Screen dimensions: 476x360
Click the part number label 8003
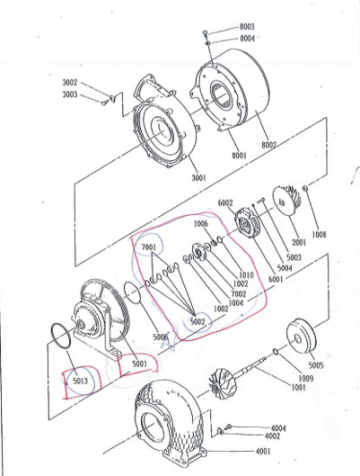(x=248, y=28)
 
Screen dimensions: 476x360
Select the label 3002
(x=71, y=83)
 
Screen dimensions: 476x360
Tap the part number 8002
(x=268, y=145)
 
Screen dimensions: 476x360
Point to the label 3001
(x=198, y=178)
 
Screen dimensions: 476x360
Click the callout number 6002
(x=226, y=203)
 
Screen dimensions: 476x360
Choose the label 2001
(x=298, y=243)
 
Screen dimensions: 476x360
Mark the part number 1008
(x=319, y=234)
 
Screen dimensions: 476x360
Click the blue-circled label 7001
(x=149, y=248)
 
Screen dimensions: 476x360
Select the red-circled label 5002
(x=198, y=321)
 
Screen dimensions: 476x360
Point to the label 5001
(x=140, y=364)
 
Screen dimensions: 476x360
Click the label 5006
(x=160, y=337)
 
